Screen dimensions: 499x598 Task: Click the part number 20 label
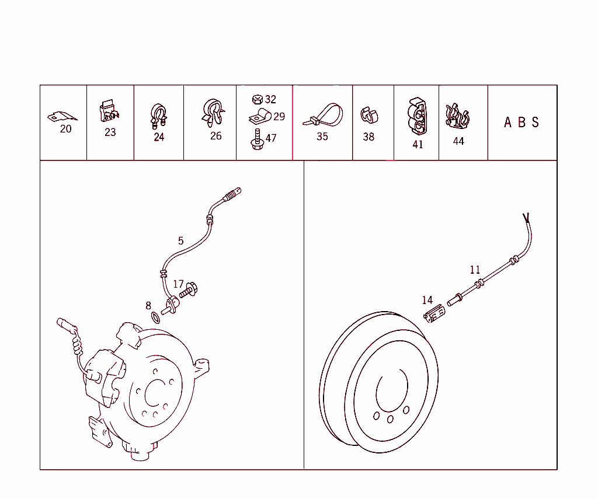tap(65, 129)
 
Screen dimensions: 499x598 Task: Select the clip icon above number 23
tap(109, 111)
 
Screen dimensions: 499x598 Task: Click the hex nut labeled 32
tap(257, 100)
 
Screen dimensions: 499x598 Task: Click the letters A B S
tap(521, 123)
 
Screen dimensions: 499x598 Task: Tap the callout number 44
tap(458, 141)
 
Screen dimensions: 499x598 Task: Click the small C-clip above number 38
tap(368, 115)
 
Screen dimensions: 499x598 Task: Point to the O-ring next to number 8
tap(155, 317)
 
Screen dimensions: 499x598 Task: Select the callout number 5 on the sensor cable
tap(181, 240)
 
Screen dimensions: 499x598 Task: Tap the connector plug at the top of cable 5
tap(232, 193)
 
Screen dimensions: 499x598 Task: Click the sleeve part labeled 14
tap(434, 315)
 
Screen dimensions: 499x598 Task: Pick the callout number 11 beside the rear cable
tap(475, 270)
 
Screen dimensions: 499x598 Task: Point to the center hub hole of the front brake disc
tap(155, 392)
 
